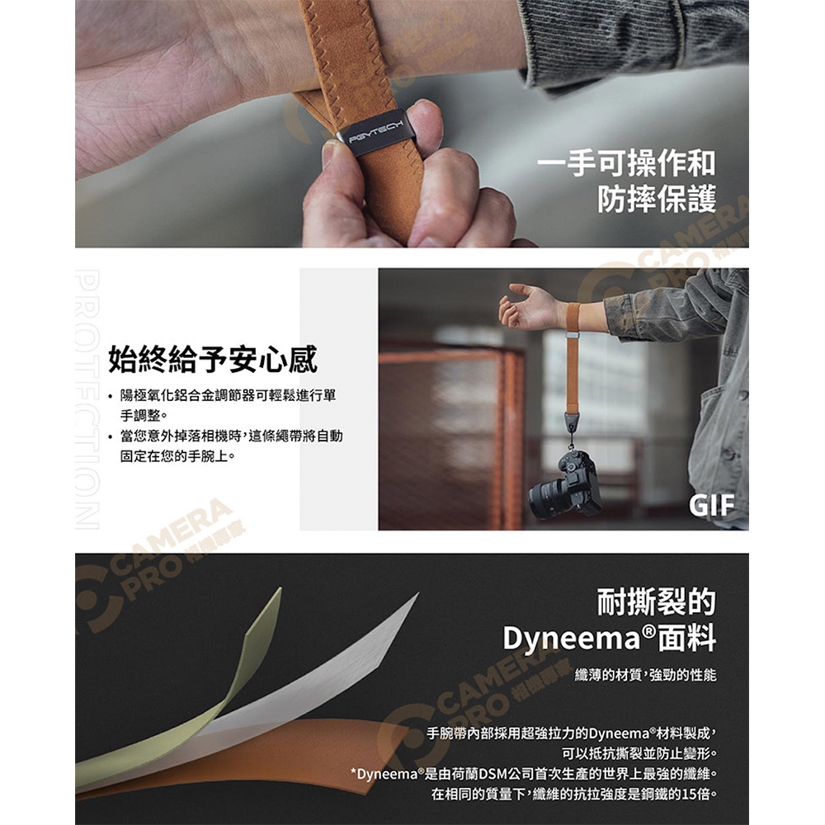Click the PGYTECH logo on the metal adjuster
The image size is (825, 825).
(x=375, y=131)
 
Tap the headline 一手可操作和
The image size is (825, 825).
(x=626, y=163)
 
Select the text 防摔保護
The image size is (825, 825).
(x=657, y=199)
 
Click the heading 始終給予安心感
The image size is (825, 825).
(x=213, y=360)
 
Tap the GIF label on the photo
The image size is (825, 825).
(x=711, y=506)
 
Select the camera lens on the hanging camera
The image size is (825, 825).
(x=547, y=500)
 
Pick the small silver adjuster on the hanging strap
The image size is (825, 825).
(x=573, y=335)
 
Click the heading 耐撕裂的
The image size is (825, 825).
(x=657, y=601)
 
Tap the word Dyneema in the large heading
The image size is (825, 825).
(x=572, y=639)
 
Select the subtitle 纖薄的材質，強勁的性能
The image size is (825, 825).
(x=646, y=675)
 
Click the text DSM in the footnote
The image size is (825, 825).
(x=492, y=774)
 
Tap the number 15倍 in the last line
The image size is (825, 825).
(x=695, y=794)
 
